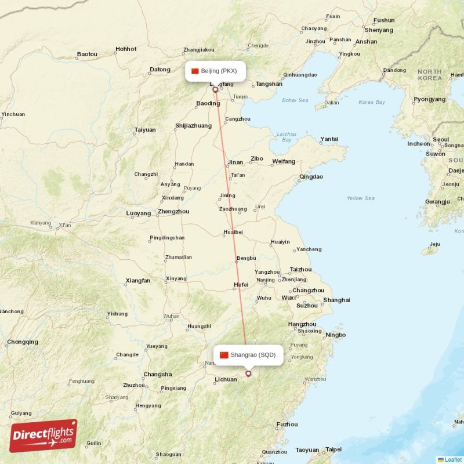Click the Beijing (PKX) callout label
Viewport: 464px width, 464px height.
(x=215, y=71)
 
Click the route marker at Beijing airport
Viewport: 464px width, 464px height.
(x=215, y=89)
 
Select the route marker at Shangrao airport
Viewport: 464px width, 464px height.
(x=248, y=374)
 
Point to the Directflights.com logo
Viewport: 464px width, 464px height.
(x=43, y=435)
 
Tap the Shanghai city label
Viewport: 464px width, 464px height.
(x=336, y=300)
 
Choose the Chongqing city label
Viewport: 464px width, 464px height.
(x=23, y=342)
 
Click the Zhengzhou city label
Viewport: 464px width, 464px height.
(x=173, y=212)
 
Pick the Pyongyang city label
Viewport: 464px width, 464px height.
(x=430, y=99)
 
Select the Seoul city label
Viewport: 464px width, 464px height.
(x=441, y=140)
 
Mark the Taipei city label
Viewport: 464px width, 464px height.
(x=333, y=449)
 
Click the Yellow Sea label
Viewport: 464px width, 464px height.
(x=360, y=198)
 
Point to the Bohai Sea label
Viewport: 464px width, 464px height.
(x=295, y=100)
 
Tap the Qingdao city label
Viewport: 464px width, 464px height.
(x=311, y=177)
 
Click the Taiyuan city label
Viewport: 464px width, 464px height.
(x=145, y=130)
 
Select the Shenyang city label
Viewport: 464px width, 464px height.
(x=379, y=30)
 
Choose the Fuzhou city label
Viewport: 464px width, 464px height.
(x=287, y=424)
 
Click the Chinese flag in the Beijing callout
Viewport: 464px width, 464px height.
(x=195, y=71)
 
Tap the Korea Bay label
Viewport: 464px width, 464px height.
(x=372, y=102)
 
